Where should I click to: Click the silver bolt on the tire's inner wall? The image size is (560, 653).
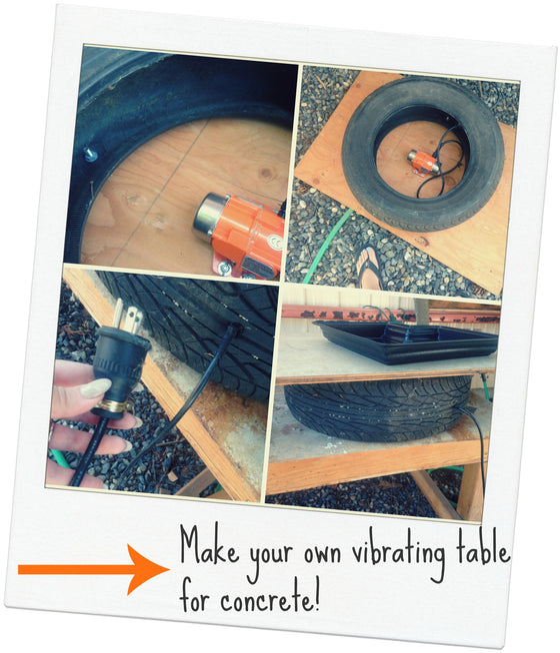point(90,155)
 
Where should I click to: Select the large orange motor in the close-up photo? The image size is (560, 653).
point(240,230)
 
